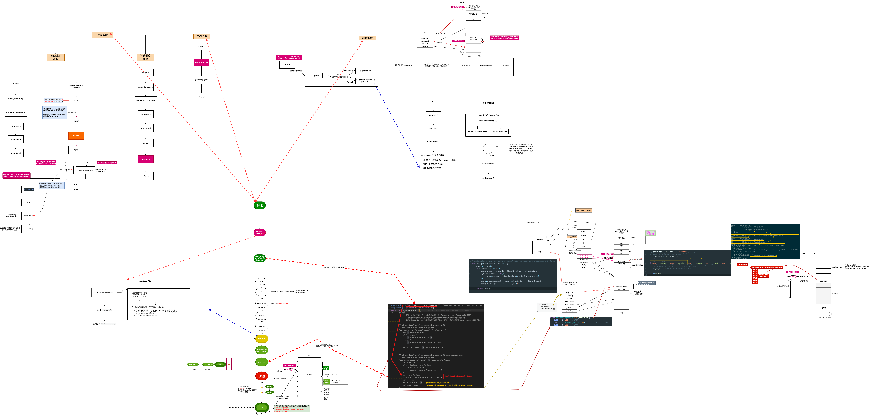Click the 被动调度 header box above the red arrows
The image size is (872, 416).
[x=102, y=35]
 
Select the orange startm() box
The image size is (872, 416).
[x=76, y=136]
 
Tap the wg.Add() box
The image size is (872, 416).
[x=16, y=84]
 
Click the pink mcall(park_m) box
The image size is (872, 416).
[x=146, y=159]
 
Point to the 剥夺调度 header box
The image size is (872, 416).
[x=367, y=38]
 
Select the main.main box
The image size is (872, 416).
[x=287, y=64]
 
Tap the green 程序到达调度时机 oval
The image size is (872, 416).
[x=260, y=205]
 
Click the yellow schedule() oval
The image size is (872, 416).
[x=262, y=338]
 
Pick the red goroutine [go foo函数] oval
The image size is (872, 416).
[x=262, y=376]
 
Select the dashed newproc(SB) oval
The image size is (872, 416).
[x=262, y=304]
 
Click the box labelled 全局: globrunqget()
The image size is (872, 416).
[x=104, y=292]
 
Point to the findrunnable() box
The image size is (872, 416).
[x=104, y=324]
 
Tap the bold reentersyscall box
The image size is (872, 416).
[x=434, y=141]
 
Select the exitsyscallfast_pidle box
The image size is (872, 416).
[x=500, y=131]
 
